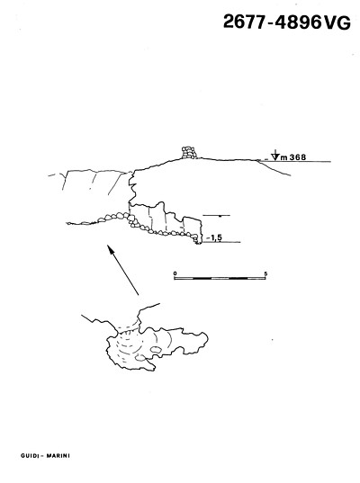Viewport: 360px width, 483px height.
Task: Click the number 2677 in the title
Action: tap(244, 22)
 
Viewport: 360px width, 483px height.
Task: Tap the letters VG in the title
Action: tap(337, 22)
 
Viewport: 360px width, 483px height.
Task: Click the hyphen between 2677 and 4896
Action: tap(270, 22)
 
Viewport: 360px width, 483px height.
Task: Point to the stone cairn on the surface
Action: tap(189, 153)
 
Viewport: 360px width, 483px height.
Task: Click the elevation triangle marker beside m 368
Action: tap(276, 156)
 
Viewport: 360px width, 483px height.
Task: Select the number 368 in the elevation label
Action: tap(298, 157)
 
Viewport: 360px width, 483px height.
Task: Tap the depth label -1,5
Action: tap(214, 237)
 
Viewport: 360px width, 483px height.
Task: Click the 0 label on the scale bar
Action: tap(175, 273)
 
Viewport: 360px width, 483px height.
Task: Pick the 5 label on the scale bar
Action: tap(265, 273)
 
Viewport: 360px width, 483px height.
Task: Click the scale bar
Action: tap(220, 278)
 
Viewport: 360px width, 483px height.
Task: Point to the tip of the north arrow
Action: tap(108, 246)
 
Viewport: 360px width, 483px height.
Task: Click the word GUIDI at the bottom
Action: tap(31, 456)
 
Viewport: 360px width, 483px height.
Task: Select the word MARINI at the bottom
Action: tap(58, 456)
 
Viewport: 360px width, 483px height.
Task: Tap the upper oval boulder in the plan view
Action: tap(156, 349)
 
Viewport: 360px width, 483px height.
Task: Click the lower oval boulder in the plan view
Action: tap(140, 358)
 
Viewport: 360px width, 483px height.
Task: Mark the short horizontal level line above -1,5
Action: tap(217, 215)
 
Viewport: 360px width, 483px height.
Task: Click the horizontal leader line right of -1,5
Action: tap(221, 242)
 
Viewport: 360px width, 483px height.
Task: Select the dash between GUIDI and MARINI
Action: tap(42, 456)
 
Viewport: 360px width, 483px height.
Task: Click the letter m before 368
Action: tap(283, 157)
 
